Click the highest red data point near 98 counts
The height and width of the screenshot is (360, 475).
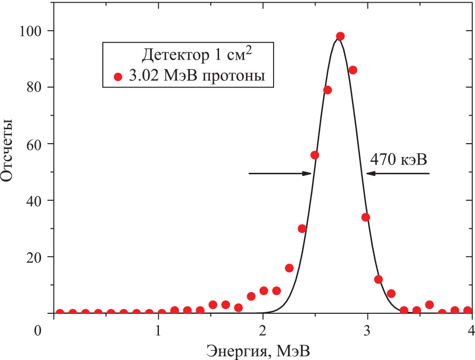pyautogui.click(x=340, y=36)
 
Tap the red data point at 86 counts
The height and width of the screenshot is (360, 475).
pyautogui.click(x=353, y=70)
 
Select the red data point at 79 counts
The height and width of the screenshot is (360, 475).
pyautogui.click(x=328, y=90)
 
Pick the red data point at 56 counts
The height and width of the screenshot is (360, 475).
pyautogui.click(x=315, y=155)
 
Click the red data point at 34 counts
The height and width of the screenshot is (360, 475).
pyautogui.click(x=365, y=217)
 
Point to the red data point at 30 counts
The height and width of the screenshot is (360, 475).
pyautogui.click(x=302, y=229)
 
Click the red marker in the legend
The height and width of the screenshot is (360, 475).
pyautogui.click(x=118, y=77)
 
